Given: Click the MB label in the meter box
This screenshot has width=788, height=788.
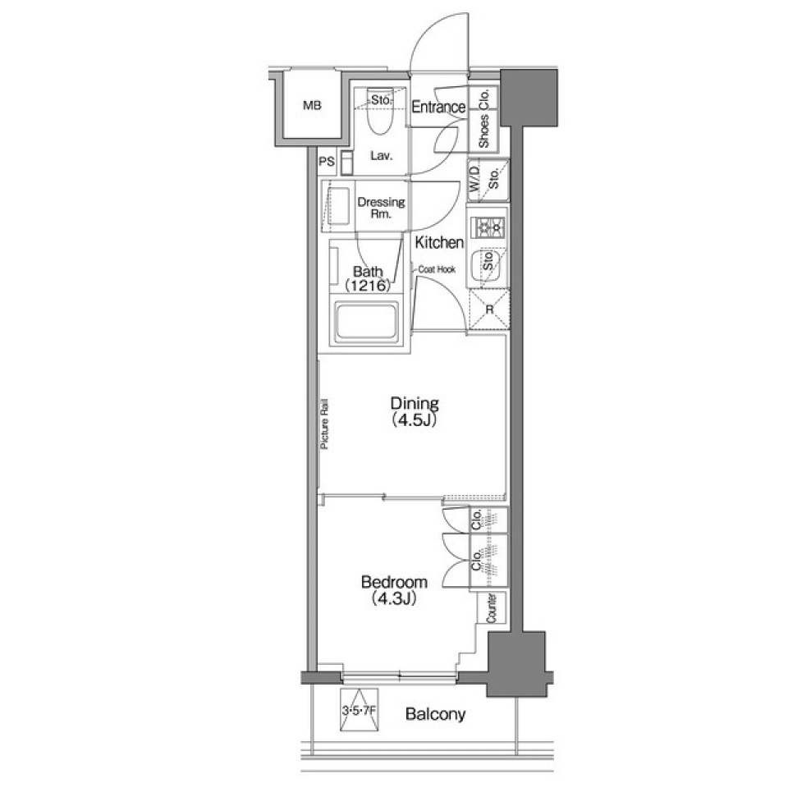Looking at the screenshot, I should click(x=311, y=106).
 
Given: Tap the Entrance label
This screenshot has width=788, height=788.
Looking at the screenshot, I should click(x=438, y=107).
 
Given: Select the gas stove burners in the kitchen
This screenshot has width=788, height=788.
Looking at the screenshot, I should click(x=488, y=227).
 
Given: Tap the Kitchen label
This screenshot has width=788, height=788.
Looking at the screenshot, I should click(x=439, y=243).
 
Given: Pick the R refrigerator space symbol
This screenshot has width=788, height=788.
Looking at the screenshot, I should click(x=488, y=309).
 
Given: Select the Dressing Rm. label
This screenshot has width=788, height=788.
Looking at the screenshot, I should click(x=381, y=208).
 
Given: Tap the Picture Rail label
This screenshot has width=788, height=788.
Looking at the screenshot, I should click(x=325, y=424).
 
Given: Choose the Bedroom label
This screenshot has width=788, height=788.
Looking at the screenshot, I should click(x=395, y=583).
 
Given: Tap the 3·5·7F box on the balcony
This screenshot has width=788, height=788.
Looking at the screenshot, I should click(x=361, y=712).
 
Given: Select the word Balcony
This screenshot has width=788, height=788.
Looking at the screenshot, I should click(x=435, y=714).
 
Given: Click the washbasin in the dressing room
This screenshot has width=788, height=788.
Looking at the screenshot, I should click(x=339, y=202).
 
